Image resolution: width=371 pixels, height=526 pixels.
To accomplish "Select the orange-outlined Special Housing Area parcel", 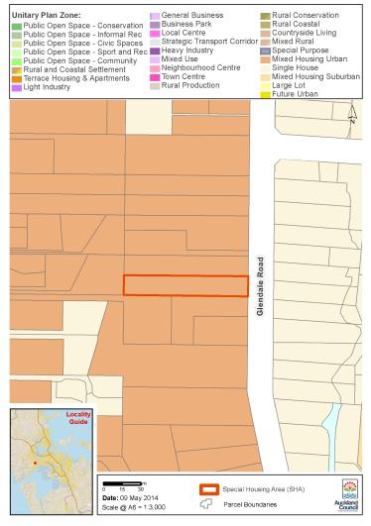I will [185, 285].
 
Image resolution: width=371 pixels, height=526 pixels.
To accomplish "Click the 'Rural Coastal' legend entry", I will [298, 24].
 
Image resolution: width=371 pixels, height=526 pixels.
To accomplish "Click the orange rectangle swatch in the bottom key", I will [209, 489].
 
